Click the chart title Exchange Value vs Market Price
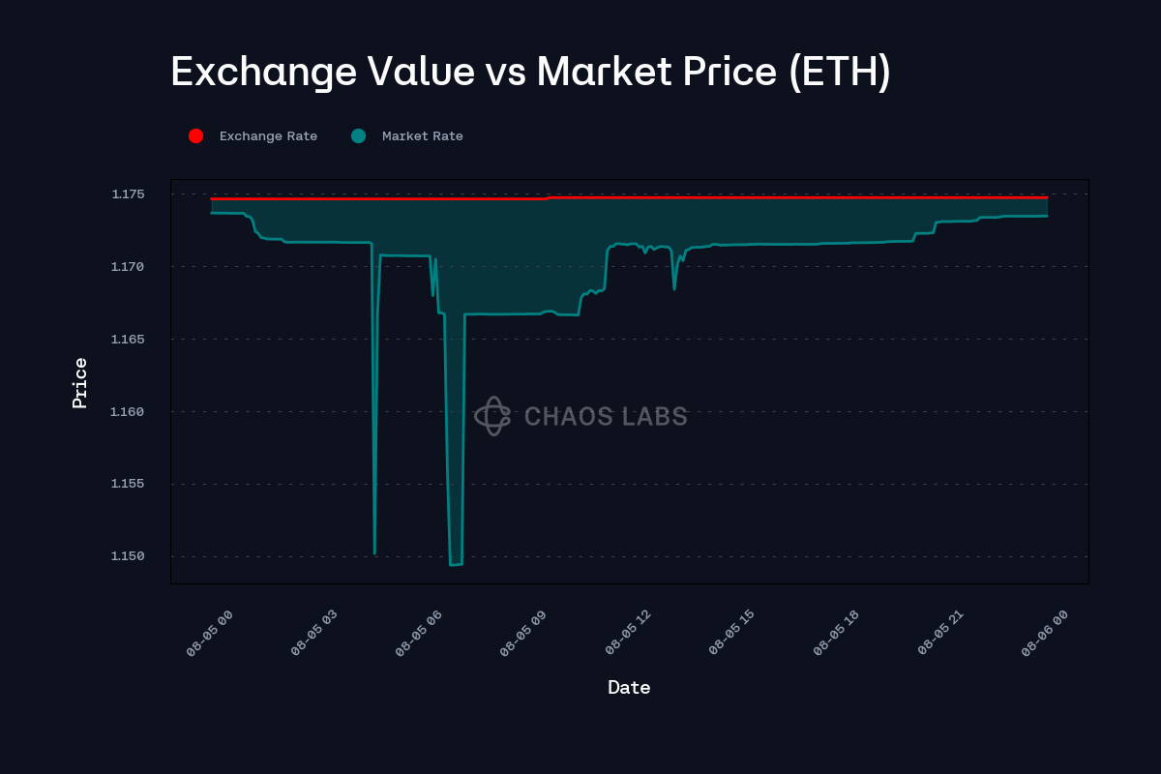coord(530,73)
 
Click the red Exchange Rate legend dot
coord(195,136)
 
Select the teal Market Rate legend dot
coord(358,136)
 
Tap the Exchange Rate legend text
coord(268,136)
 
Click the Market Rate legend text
coord(423,136)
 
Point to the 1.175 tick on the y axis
coord(128,194)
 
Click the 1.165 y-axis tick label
coord(128,340)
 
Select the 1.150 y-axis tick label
coord(128,556)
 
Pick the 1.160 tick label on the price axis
coord(128,412)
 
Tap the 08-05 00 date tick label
coord(211,634)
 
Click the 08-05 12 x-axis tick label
coord(629,634)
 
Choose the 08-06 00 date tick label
coord(1046,634)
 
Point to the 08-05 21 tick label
coord(941,634)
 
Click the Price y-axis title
coord(80,382)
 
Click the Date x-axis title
coord(629,688)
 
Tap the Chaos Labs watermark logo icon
coord(491,416)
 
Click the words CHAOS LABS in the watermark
coord(606,417)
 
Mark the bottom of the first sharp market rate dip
coord(374,553)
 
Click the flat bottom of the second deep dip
coord(456,564)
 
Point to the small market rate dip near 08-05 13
coord(674,288)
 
